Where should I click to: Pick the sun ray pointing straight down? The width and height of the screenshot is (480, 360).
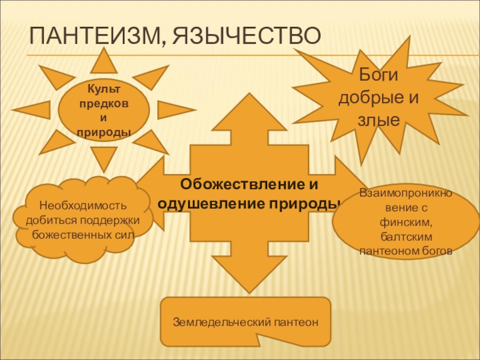point(103,160)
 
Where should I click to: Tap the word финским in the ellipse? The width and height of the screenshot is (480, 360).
point(405,222)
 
